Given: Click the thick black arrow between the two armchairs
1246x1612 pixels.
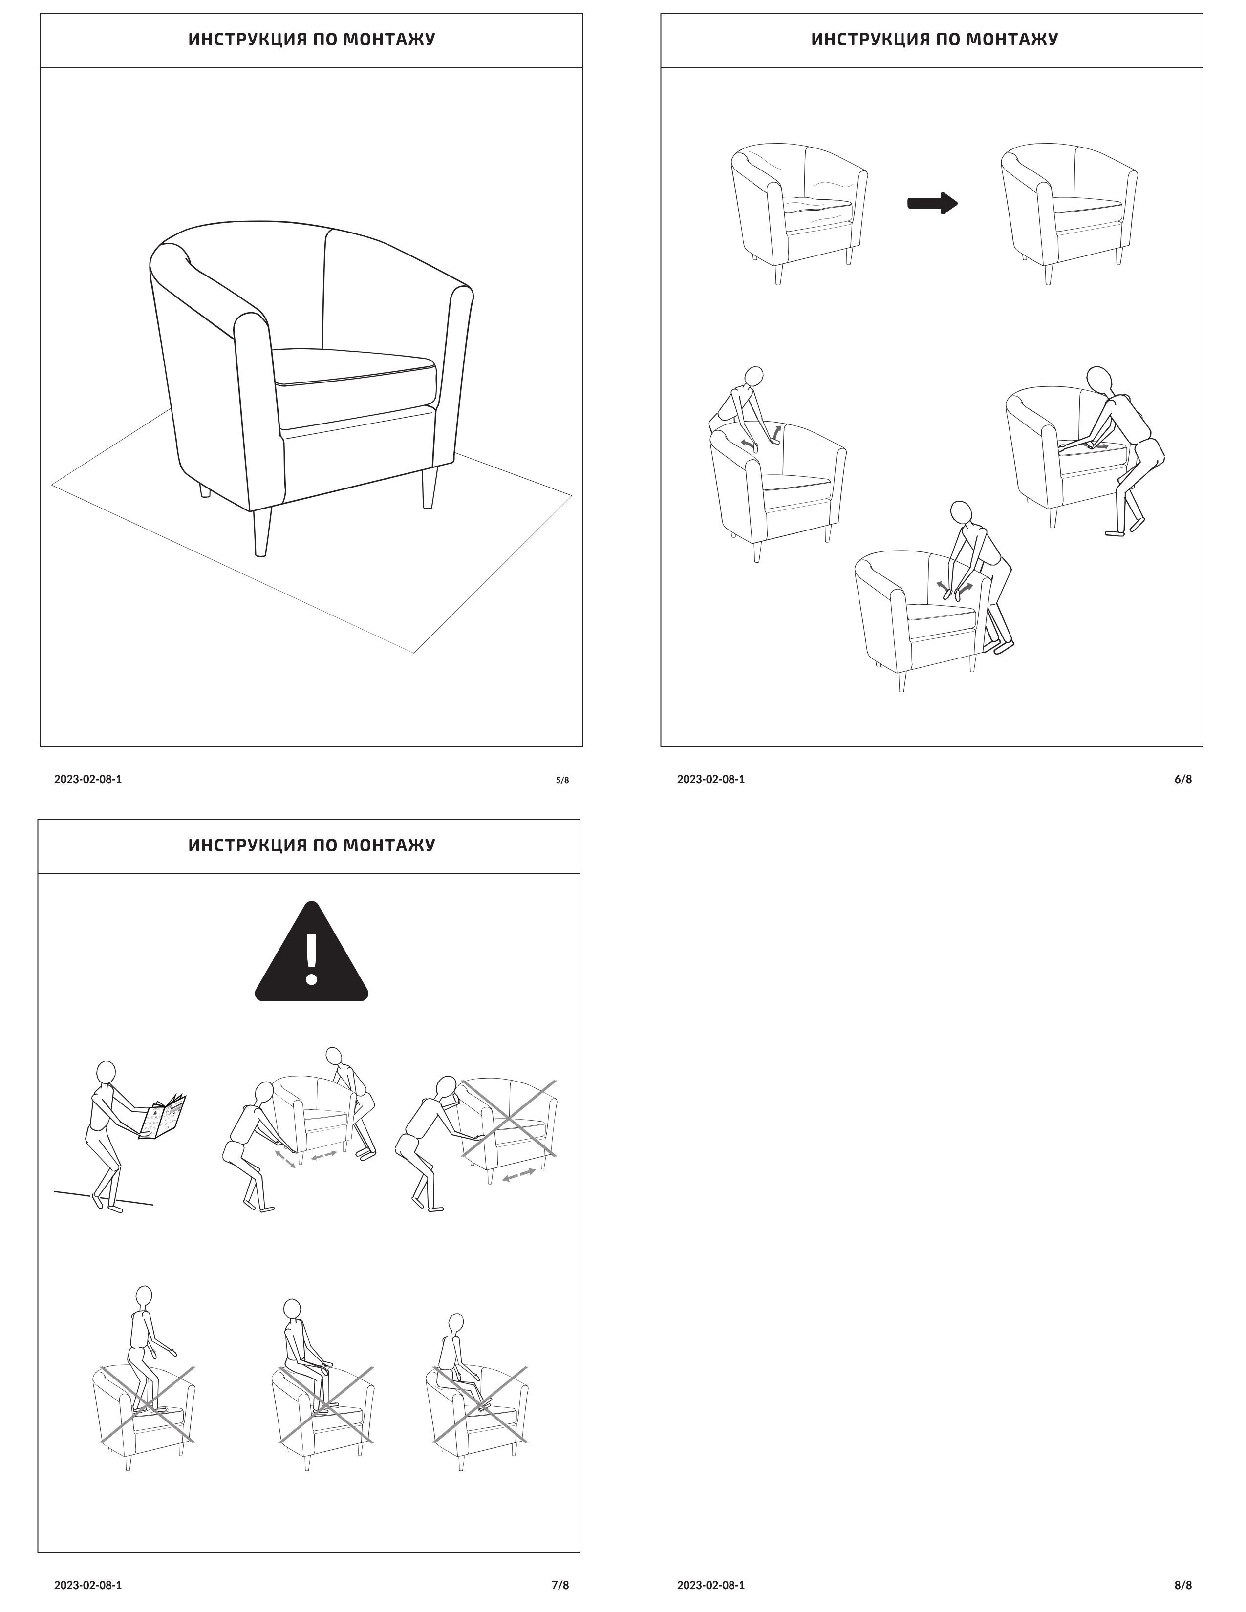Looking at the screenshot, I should coord(931,203).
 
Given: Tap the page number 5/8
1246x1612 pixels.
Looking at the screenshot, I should coord(562,780).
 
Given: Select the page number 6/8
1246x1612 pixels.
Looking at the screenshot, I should coord(1182,779).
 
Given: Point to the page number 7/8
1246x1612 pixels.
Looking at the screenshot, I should coord(560,1584).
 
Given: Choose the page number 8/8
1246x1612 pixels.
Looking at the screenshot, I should coord(1182,1584).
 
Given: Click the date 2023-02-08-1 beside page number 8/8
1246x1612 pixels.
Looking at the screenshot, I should coord(710,1584).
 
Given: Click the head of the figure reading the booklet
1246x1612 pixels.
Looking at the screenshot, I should coord(107,1072).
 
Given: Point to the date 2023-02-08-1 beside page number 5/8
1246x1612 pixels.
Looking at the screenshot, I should coord(88,779).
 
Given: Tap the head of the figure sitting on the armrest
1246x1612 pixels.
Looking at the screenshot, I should coord(455,1323).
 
